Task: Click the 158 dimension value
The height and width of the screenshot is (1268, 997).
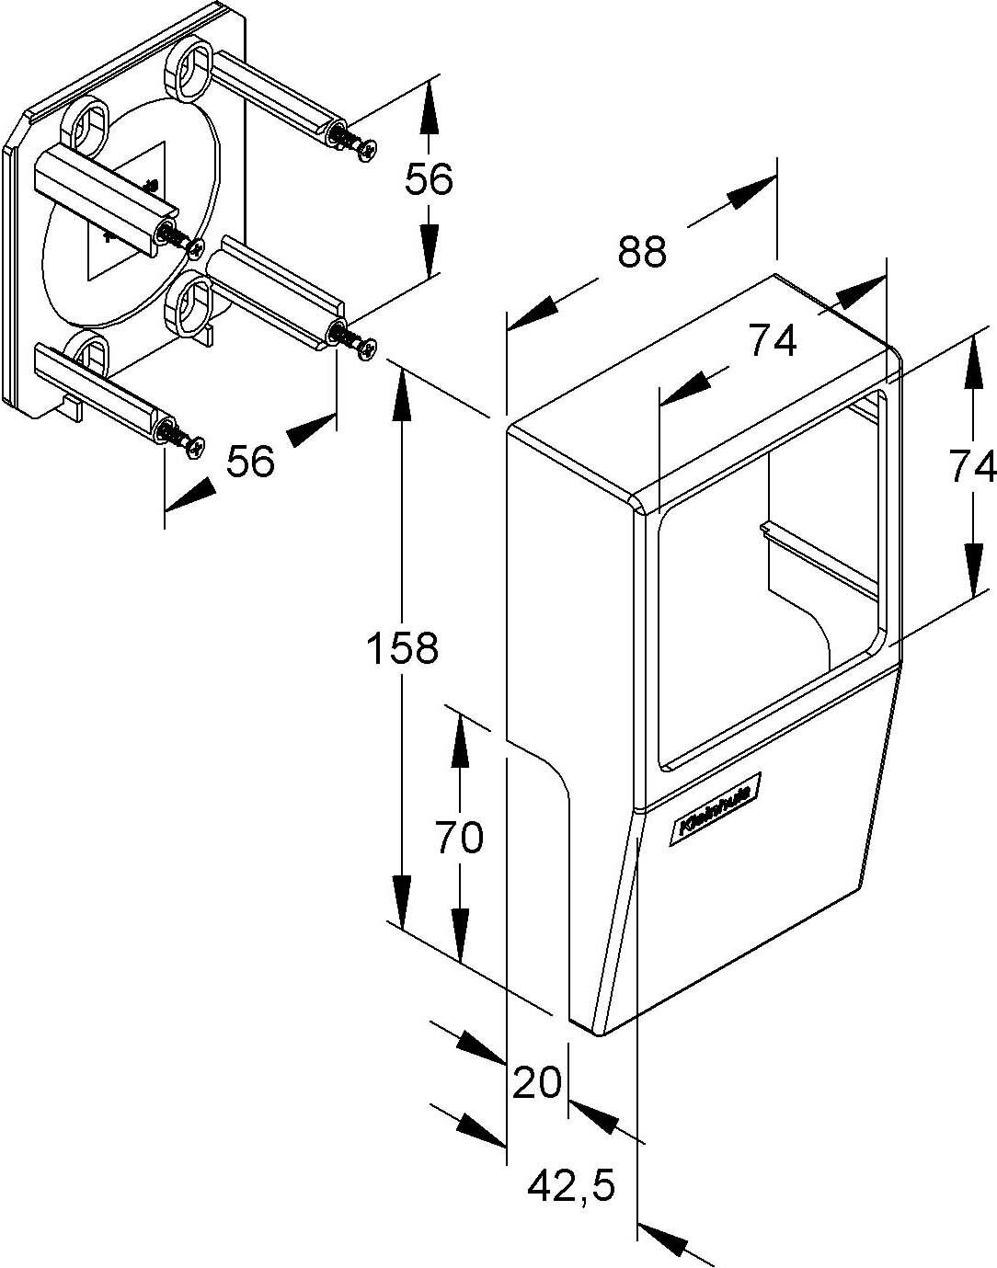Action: pos(402,648)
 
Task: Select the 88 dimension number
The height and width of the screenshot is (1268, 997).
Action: pos(641,251)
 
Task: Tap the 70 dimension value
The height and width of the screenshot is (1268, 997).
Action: pos(459,838)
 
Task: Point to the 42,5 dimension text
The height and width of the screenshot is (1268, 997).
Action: pos(570,1186)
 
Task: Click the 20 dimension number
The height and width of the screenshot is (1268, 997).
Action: pos(537,1082)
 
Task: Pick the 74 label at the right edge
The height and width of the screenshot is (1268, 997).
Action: pos(973,467)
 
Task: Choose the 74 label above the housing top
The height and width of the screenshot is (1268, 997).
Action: pos(772,342)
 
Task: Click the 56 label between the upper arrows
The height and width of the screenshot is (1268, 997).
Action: pos(429,179)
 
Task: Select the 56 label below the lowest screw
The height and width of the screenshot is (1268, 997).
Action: pos(250,461)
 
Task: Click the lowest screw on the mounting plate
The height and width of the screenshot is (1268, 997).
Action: pos(194,447)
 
